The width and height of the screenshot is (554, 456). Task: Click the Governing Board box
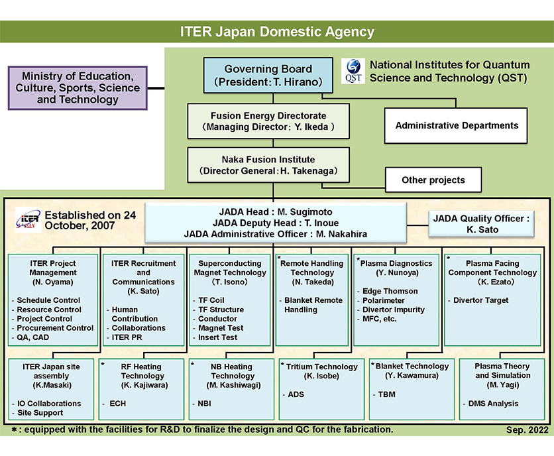click(x=267, y=75)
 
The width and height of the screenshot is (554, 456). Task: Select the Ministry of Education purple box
click(x=78, y=88)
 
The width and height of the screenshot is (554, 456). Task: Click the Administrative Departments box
click(x=457, y=125)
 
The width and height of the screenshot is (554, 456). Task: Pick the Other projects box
click(x=433, y=180)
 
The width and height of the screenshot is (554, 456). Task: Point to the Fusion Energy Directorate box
click(x=268, y=121)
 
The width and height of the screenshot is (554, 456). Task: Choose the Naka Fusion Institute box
click(x=268, y=164)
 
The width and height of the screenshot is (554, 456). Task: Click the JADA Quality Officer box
click(x=481, y=224)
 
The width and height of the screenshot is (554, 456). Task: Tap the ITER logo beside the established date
click(x=27, y=221)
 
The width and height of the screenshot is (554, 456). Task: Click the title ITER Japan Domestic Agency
click(x=277, y=31)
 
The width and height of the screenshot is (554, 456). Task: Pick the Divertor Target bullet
click(x=480, y=300)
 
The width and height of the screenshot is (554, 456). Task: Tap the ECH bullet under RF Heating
click(x=117, y=402)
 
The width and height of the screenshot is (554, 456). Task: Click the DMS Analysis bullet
click(x=493, y=403)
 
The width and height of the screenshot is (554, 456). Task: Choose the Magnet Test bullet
click(x=221, y=328)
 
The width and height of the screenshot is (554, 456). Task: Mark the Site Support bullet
click(x=40, y=412)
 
